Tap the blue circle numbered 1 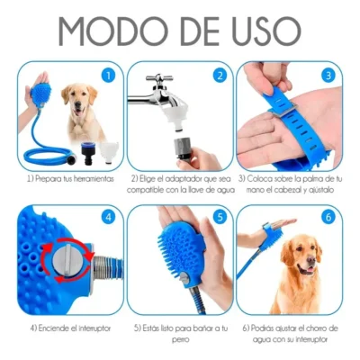[107, 76]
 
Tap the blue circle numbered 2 [220, 76]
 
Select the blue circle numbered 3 [328, 76]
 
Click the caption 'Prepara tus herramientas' [66, 179]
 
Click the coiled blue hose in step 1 [45, 150]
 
